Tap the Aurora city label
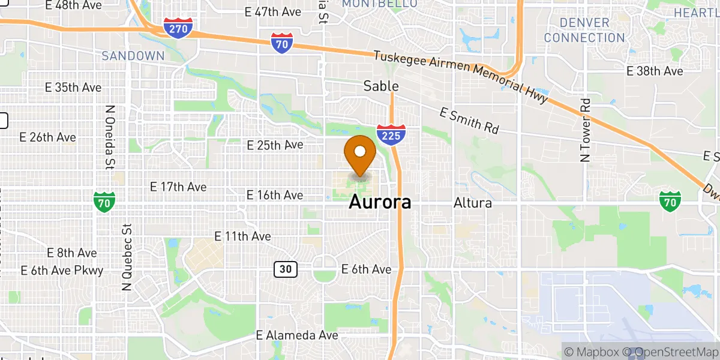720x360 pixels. coord(380,202)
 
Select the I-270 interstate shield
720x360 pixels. coord(178,27)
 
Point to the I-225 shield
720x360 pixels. coord(391,135)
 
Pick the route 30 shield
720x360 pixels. coord(286,269)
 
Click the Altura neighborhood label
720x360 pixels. coord(472,203)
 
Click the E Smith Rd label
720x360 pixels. coord(469,120)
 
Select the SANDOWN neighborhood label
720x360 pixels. coord(133,56)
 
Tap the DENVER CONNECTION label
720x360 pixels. coord(584,30)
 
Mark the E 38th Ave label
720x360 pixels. coord(655,71)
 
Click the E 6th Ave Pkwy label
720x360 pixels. coord(62,270)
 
